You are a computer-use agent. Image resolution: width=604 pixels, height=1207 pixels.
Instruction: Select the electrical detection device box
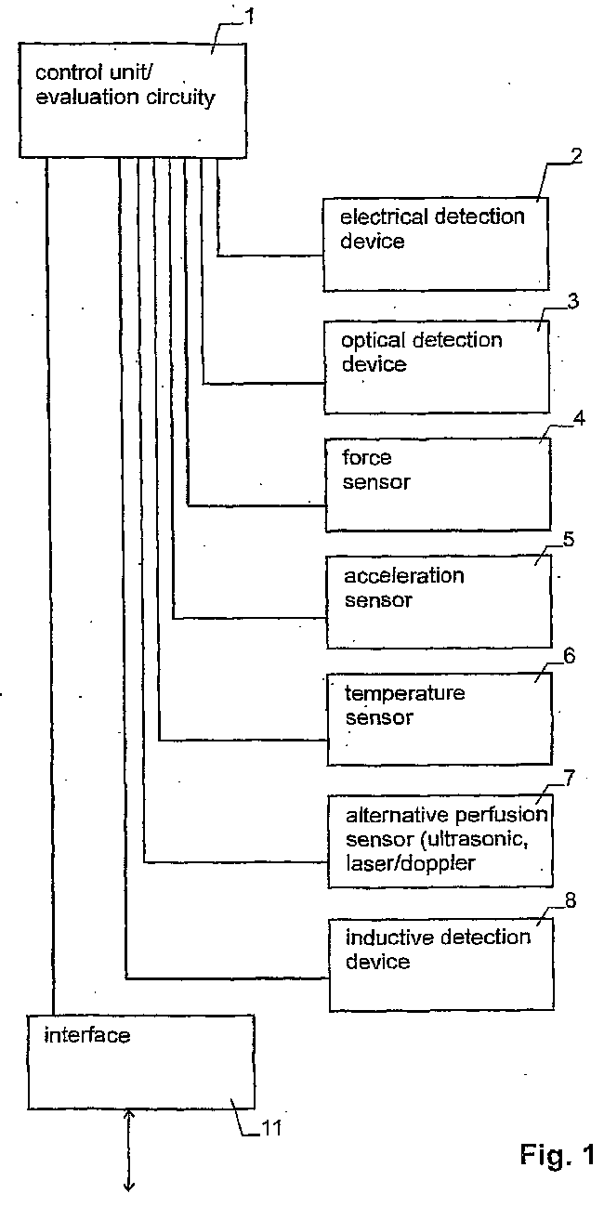(x=435, y=243)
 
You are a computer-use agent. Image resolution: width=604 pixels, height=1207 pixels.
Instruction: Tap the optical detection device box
(x=436, y=366)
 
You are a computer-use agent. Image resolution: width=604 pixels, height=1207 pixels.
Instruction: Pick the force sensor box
(x=437, y=484)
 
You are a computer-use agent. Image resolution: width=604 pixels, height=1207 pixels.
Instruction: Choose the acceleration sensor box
(x=438, y=602)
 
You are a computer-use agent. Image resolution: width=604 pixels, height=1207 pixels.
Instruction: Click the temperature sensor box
(x=439, y=718)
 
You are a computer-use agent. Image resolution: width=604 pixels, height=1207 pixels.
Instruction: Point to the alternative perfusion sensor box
(x=440, y=840)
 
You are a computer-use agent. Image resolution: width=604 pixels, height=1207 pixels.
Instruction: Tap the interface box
(x=139, y=1061)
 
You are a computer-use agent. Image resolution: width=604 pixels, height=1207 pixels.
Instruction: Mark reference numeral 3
(x=572, y=302)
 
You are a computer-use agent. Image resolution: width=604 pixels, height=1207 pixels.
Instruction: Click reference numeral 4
(x=579, y=419)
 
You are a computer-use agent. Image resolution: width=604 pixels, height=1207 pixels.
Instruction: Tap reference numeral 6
(x=570, y=656)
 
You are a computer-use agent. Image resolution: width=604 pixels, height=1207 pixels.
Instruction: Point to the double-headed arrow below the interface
(x=129, y=1148)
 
